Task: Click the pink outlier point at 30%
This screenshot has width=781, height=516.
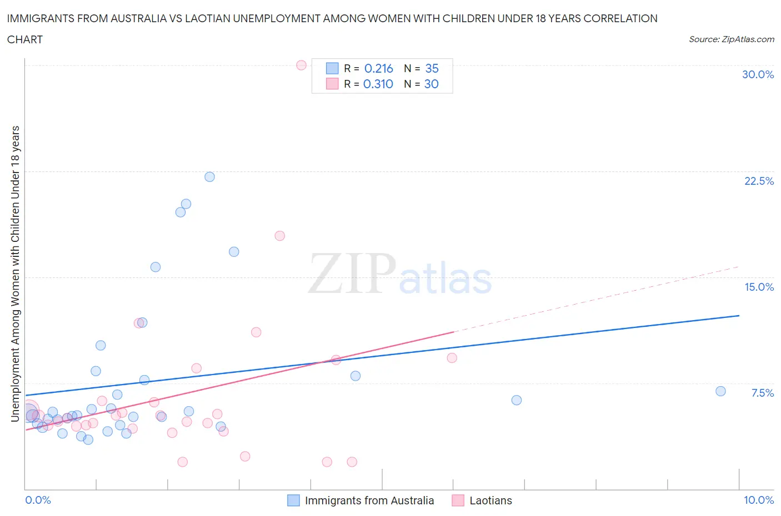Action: point(301,65)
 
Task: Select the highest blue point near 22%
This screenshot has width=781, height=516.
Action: point(209,177)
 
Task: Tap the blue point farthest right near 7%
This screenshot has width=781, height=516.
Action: point(720,391)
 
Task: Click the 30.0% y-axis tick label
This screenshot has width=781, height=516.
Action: point(758,74)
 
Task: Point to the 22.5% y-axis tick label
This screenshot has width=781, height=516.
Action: point(759,181)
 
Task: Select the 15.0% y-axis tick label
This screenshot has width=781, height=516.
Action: point(759,287)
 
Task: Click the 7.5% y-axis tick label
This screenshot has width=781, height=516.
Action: point(762,393)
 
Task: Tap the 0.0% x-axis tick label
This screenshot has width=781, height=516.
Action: point(38,500)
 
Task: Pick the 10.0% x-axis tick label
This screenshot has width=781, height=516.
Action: point(758,500)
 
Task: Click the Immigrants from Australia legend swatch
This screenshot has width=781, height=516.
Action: point(293,500)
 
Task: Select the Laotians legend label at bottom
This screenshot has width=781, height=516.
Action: point(490,500)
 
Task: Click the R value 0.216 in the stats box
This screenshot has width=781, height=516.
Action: point(378,68)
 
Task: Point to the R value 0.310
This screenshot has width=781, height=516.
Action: point(378,84)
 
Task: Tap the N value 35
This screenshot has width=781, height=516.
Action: point(432,68)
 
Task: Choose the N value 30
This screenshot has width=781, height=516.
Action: point(431,84)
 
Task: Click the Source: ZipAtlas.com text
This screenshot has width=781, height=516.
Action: point(731,39)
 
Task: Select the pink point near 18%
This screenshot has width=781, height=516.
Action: point(279,236)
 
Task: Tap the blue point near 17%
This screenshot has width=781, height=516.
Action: point(234,252)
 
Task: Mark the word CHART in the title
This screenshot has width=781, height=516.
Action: point(25,39)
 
